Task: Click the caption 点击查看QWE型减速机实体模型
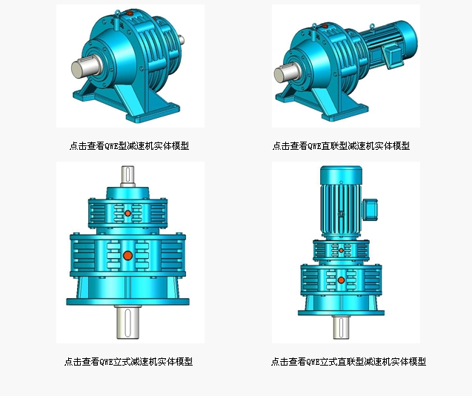(x=129, y=146)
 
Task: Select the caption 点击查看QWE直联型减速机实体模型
(x=341, y=146)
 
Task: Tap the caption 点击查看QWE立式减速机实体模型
(x=128, y=361)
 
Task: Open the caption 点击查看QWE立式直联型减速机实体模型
(x=348, y=361)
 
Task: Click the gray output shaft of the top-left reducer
(x=84, y=67)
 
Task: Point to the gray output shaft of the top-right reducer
(x=285, y=74)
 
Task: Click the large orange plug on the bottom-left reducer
(x=128, y=256)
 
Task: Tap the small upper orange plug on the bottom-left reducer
(x=127, y=214)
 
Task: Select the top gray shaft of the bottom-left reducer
(x=127, y=176)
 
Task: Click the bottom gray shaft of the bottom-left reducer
(x=128, y=323)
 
